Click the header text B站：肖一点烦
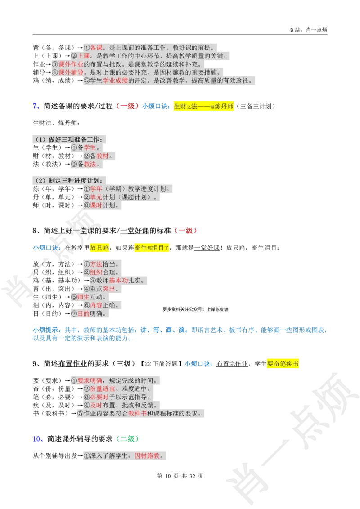(309, 30)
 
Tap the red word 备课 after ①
(96, 47)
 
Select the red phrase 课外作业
(71, 64)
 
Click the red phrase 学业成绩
(115, 80)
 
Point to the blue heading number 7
(35, 106)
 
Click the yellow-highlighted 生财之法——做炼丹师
(204, 106)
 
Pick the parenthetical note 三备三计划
(256, 106)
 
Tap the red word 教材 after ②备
(102, 156)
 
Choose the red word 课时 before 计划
(96, 205)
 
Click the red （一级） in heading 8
(186, 231)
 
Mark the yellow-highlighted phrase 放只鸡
(99, 248)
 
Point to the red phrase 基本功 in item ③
(119, 281)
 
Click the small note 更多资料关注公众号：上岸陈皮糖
(196, 309)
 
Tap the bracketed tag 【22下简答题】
(161, 364)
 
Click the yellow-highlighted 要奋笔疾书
(283, 364)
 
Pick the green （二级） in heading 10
(128, 439)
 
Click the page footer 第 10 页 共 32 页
(180, 476)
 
